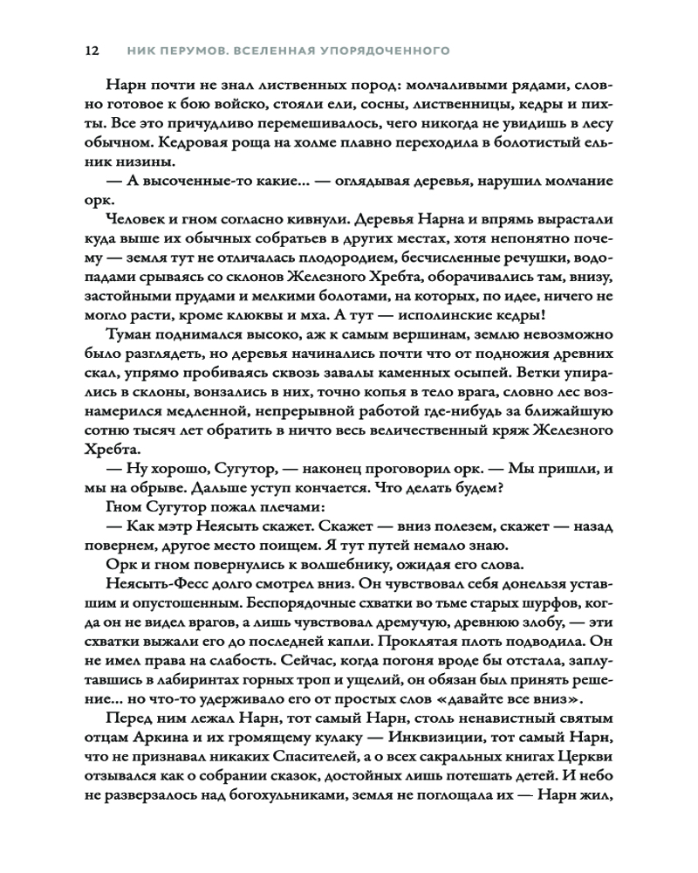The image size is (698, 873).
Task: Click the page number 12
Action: (90, 51)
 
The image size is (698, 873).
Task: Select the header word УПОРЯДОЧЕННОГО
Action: (385, 51)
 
